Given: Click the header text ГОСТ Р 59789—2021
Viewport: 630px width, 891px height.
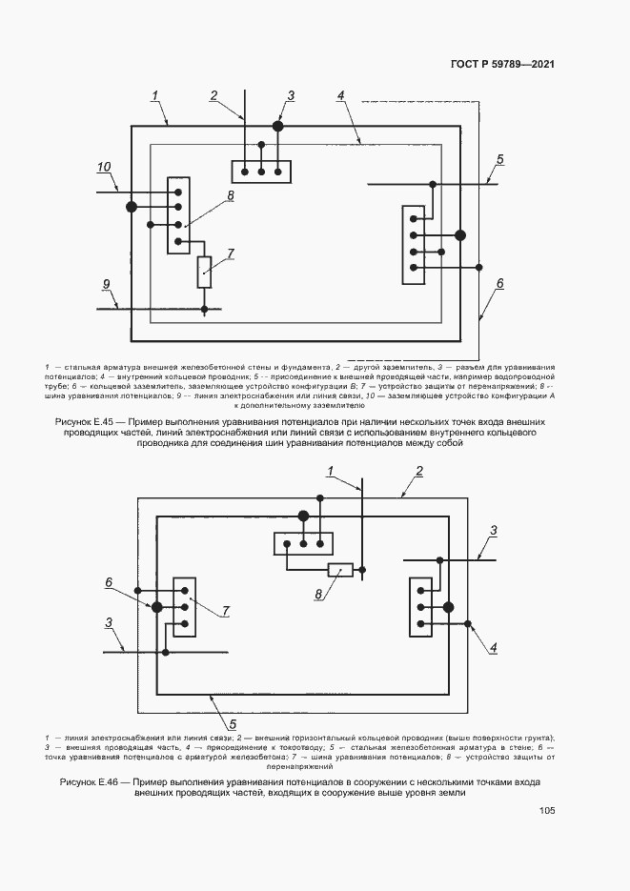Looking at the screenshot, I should pyautogui.click(x=502, y=65).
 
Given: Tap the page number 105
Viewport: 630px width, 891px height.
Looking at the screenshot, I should pyautogui.click(x=546, y=811).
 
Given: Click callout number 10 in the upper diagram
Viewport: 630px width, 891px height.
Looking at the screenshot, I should pyautogui.click(x=104, y=167).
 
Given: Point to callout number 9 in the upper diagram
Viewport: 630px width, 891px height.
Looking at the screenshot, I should pyautogui.click(x=107, y=284).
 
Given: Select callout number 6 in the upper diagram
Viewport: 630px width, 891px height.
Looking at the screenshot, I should pyautogui.click(x=500, y=283).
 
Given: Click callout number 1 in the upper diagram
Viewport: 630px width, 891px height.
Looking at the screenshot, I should pyautogui.click(x=154, y=95).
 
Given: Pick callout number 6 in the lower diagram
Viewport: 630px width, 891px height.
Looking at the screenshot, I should pyautogui.click(x=109, y=581).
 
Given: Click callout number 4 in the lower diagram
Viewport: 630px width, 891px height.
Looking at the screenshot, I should pyautogui.click(x=494, y=648).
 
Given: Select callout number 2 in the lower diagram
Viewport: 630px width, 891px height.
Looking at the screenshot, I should pyautogui.click(x=417, y=472).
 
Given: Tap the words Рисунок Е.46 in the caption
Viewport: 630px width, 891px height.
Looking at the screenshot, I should pyautogui.click(x=91, y=782).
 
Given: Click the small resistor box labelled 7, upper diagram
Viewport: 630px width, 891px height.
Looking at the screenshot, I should pyautogui.click(x=205, y=272).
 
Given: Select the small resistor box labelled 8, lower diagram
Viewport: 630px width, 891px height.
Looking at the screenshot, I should pyautogui.click(x=340, y=571).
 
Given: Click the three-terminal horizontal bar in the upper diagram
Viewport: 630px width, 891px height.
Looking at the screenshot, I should pyautogui.click(x=261, y=171).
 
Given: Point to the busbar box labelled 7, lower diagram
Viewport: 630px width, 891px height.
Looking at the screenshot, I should pyautogui.click(x=184, y=606).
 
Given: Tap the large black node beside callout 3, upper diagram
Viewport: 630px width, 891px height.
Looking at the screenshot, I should pyautogui.click(x=278, y=126).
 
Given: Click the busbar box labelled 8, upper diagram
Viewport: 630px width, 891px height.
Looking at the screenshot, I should pyautogui.click(x=176, y=215).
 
